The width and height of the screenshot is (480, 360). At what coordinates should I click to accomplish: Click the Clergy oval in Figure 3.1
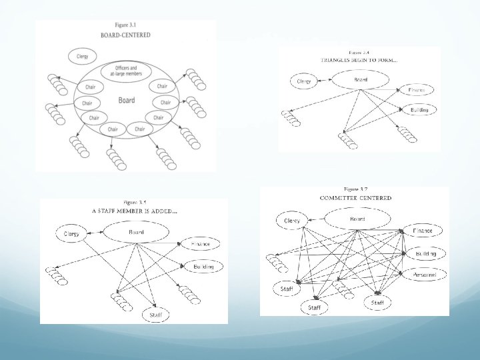pyautogui.click(x=83, y=57)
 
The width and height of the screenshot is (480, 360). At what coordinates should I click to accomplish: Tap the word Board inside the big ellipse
pyautogui.click(x=126, y=101)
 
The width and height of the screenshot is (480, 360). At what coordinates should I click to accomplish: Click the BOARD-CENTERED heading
pyautogui.click(x=125, y=35)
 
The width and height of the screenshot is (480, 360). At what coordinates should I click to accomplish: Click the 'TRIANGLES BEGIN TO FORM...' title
pyautogui.click(x=359, y=60)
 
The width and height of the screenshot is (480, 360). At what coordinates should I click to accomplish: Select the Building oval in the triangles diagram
pyautogui.click(x=419, y=109)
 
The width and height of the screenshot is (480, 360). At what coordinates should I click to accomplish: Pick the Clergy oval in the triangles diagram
pyautogui.click(x=304, y=81)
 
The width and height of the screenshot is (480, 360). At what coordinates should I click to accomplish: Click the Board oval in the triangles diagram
pyautogui.click(x=360, y=80)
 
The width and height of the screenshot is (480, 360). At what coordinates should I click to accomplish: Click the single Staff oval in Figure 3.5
pyautogui.click(x=155, y=313)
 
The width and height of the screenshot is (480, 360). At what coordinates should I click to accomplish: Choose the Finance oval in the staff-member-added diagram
pyautogui.click(x=201, y=245)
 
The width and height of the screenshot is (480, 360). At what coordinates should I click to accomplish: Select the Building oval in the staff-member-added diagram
pyautogui.click(x=203, y=267)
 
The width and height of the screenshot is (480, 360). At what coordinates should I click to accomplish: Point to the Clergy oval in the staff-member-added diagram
pyautogui.click(x=71, y=234)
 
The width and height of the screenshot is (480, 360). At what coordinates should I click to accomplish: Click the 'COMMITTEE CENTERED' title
pyautogui.click(x=356, y=198)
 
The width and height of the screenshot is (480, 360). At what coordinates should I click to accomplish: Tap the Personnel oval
pyautogui.click(x=425, y=274)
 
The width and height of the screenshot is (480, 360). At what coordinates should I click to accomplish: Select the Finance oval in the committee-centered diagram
pyautogui.click(x=423, y=231)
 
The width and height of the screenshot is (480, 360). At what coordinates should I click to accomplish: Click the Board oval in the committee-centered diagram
pyautogui.click(x=357, y=219)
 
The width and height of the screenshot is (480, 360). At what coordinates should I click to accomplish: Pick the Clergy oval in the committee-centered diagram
pyautogui.click(x=292, y=221)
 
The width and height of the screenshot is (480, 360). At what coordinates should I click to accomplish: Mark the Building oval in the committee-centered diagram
pyautogui.click(x=426, y=253)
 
